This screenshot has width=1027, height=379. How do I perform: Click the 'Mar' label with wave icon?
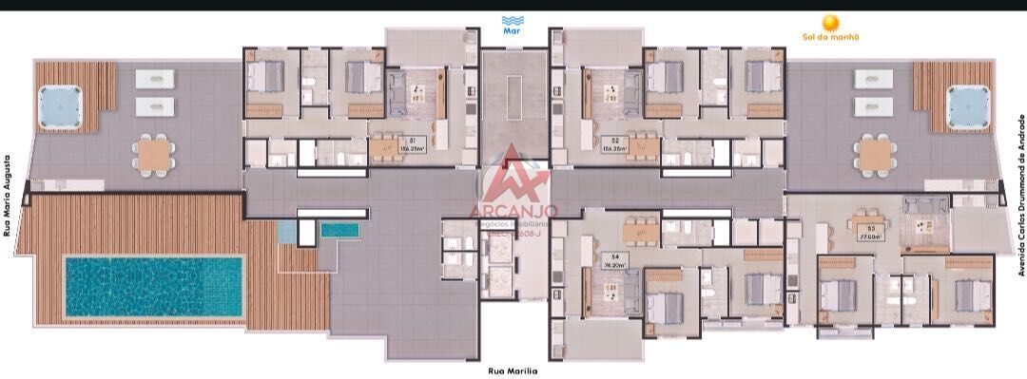[x=513, y=25]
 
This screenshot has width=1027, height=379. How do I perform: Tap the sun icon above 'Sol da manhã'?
[x=830, y=22]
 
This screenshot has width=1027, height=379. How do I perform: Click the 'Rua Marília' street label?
[x=513, y=371]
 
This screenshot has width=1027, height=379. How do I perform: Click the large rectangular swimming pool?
[x=153, y=286]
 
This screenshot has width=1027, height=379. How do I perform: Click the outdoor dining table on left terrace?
[x=154, y=153]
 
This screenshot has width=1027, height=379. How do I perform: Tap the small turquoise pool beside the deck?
[x=339, y=229]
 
